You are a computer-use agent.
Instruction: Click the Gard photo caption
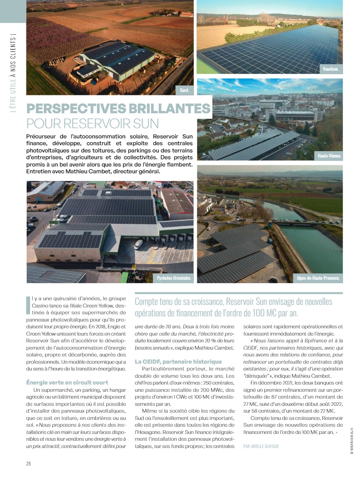[x=184, y=90]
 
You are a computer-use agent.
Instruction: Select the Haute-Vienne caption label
[x=330, y=156]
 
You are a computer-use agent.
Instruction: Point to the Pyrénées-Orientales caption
[x=173, y=278]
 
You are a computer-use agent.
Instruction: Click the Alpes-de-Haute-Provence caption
[x=318, y=278]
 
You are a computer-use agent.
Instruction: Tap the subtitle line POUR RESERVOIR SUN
[x=92, y=124]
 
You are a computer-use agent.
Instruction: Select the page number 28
[x=29, y=464]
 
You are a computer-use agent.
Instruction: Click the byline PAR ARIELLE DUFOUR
[x=261, y=446]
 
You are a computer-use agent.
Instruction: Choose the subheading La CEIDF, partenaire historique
[x=178, y=362]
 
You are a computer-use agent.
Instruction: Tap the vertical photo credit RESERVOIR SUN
[x=352, y=441]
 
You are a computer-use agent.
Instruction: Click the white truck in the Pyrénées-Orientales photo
[x=138, y=244]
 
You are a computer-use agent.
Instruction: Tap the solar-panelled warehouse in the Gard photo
[x=117, y=60]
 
